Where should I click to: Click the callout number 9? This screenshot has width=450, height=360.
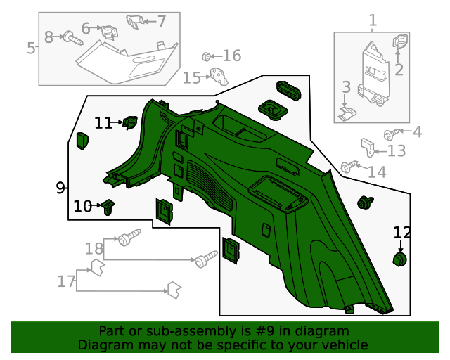coord(60,188)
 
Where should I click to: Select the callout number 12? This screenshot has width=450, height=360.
coord(402,232)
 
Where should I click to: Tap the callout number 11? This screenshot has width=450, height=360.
coord(103,123)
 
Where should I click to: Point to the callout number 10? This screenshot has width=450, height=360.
coord(83,206)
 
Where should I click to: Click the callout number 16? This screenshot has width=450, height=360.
coord(231,56)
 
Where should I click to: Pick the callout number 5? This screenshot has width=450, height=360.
coord(31,49)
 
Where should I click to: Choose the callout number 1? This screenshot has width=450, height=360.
coord(373,21)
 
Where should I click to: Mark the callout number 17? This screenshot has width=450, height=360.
coord(66,282)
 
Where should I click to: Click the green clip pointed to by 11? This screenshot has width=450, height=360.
coord(130,123)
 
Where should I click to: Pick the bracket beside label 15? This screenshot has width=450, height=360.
coord(220,77)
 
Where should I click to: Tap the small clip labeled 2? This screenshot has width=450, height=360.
coord(399,43)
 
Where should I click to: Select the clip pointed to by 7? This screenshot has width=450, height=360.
coord(135,22)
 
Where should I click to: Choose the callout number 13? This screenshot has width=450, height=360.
coord(397,150)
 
